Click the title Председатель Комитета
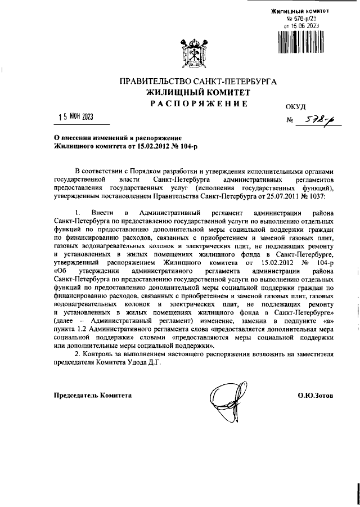point(92,396)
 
